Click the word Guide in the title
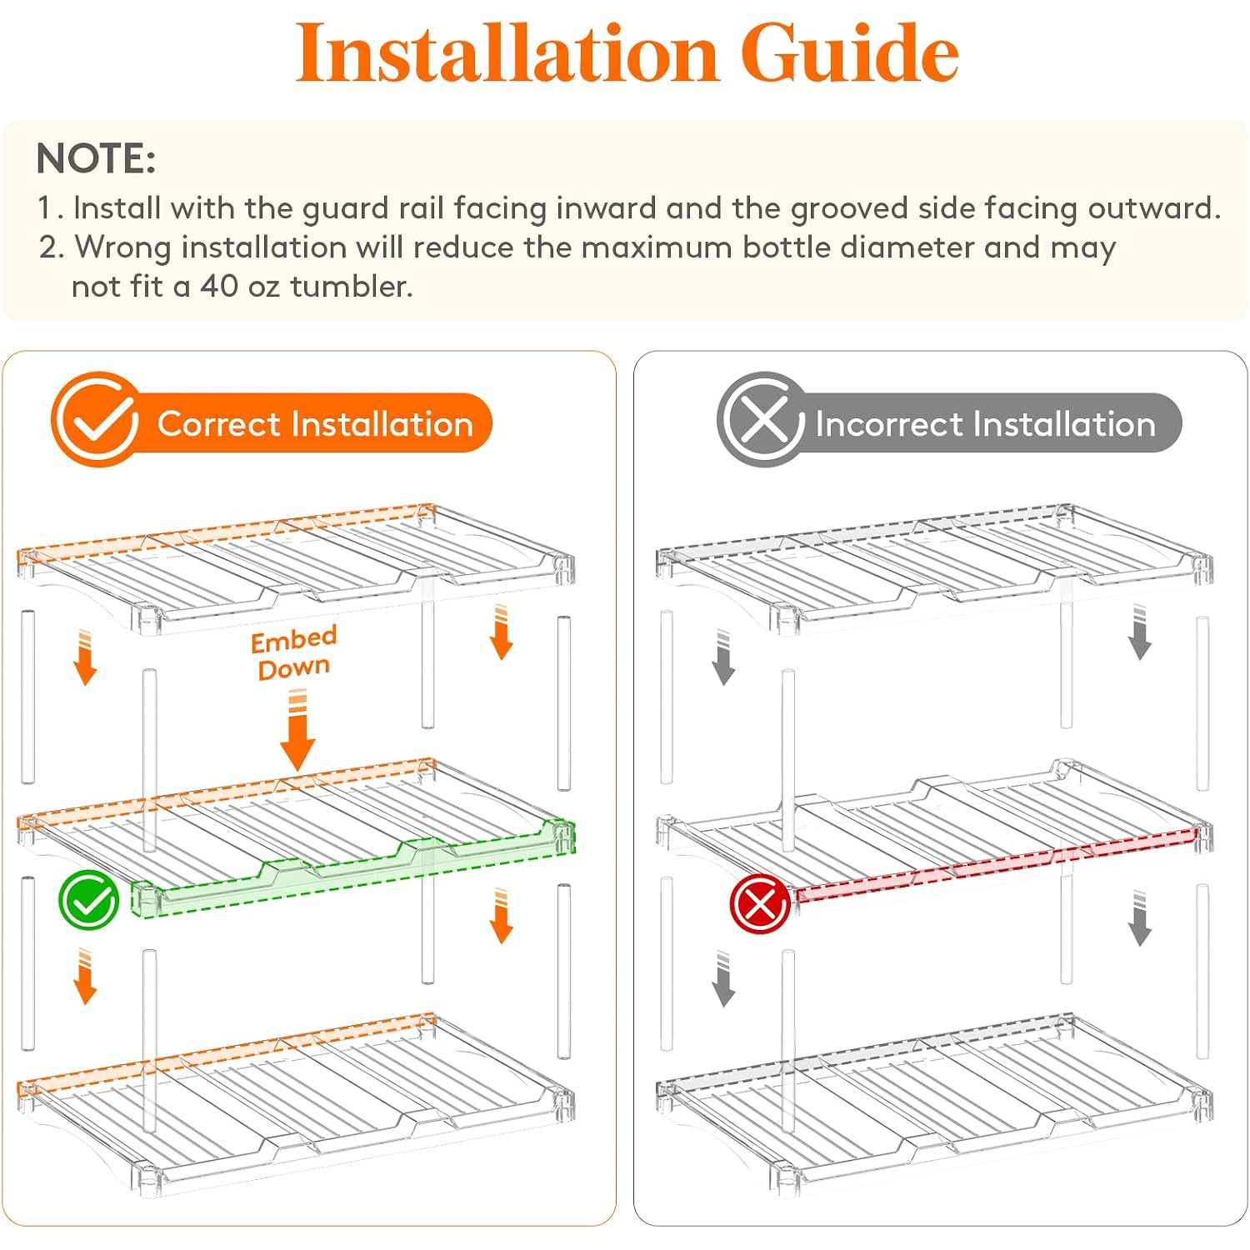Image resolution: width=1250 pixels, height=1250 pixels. click(849, 53)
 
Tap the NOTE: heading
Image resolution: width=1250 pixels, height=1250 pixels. click(96, 158)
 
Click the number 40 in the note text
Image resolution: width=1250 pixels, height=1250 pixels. click(219, 286)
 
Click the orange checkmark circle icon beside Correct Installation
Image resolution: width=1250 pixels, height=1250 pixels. click(96, 420)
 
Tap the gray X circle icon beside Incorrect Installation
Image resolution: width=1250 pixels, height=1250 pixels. click(762, 420)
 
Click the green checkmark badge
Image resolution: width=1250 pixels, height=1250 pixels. click(88, 900)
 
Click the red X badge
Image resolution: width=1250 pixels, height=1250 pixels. click(760, 904)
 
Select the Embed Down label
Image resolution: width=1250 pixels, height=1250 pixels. click(294, 653)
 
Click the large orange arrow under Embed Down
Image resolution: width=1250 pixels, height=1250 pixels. click(297, 731)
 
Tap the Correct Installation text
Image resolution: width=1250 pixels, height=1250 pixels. click(315, 424)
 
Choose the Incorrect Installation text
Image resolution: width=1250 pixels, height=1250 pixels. click(985, 424)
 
